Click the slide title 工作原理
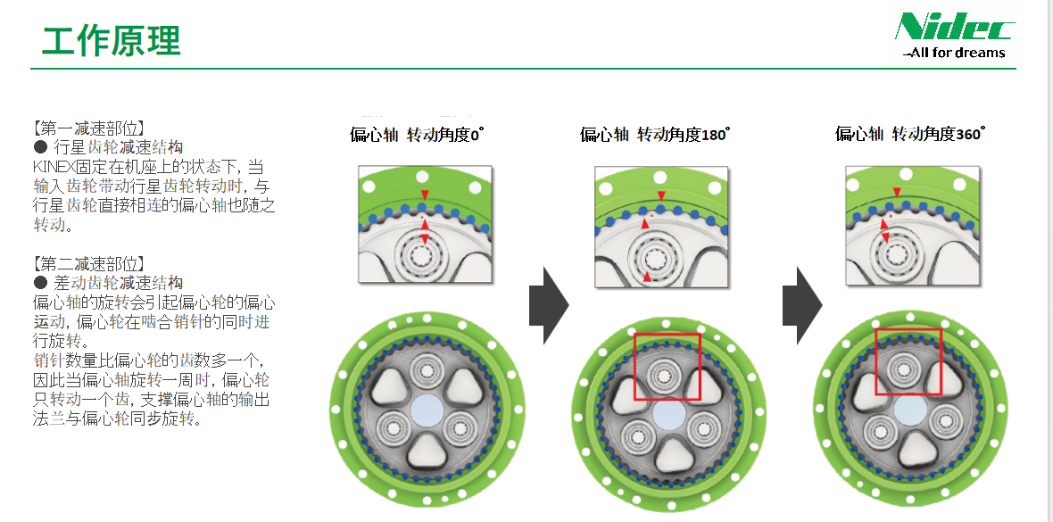(x=112, y=40)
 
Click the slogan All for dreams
(x=955, y=53)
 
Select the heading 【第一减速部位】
(x=88, y=128)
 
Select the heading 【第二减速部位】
(x=88, y=263)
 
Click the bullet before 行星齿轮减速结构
(x=40, y=146)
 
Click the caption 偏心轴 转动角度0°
(x=416, y=135)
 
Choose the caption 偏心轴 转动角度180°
(x=654, y=135)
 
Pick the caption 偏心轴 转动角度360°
(x=909, y=135)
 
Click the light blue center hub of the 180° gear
(x=668, y=411)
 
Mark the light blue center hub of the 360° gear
(x=910, y=409)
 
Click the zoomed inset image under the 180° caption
(x=660, y=227)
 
